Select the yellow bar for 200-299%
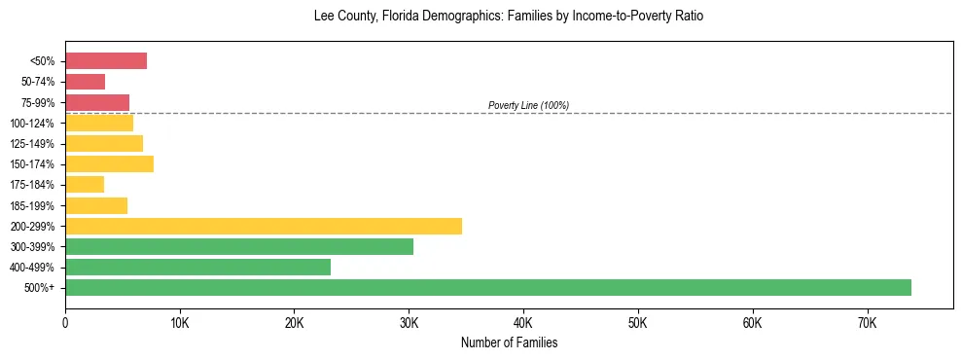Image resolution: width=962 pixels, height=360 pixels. [x=264, y=226]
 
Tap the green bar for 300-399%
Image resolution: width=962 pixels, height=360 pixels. [x=239, y=246]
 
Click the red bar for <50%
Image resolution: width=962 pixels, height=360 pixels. [x=106, y=61]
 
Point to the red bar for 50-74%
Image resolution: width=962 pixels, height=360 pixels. [x=85, y=82]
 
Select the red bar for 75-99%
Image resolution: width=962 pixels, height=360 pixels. [x=97, y=102]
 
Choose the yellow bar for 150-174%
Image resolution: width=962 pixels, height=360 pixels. [x=109, y=163]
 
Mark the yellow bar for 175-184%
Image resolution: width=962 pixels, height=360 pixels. [x=85, y=184]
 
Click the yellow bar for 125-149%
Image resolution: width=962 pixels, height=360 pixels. [x=104, y=143]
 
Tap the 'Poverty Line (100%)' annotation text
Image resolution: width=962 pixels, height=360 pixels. [x=528, y=105]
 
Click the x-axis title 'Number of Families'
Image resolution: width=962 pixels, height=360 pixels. [x=509, y=342]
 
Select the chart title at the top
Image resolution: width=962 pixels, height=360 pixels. [x=509, y=17]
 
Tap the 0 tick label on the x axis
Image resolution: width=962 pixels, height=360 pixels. [x=65, y=322]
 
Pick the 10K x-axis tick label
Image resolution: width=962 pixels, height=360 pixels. [x=180, y=322]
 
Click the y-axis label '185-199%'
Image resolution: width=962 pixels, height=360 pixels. [x=37, y=205]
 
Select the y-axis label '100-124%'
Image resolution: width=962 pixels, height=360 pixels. [x=37, y=124]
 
